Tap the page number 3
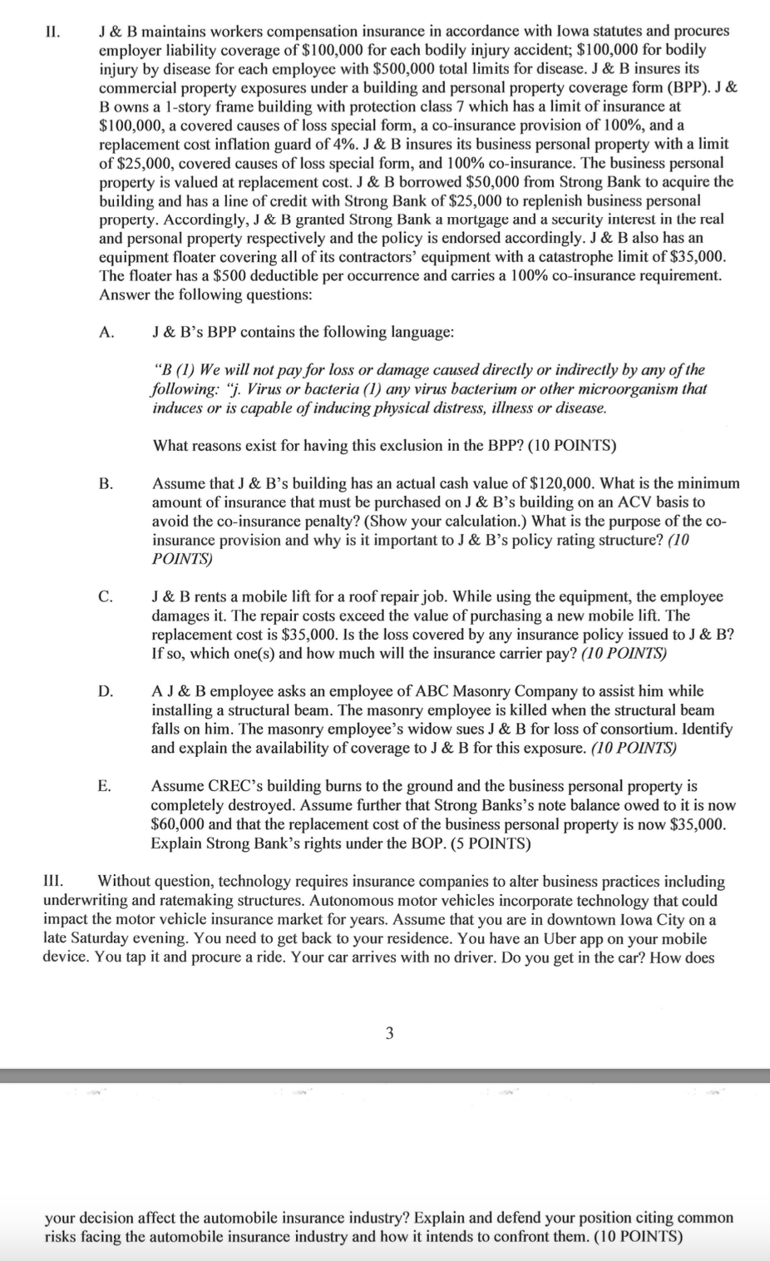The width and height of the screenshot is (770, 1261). click(389, 1034)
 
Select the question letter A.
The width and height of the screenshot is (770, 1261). click(106, 333)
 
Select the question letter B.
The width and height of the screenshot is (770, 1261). click(106, 483)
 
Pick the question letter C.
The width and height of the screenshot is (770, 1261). click(106, 596)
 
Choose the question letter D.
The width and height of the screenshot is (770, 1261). click(106, 691)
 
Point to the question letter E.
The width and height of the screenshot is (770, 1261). click(105, 786)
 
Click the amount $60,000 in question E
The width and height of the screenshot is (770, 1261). click(177, 824)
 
